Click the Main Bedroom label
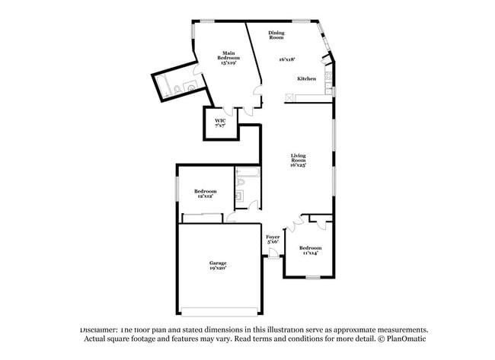tap(228, 56)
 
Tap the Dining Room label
tap(276, 34)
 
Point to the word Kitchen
tap(306, 79)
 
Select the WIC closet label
tap(219, 122)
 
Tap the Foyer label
tap(273, 237)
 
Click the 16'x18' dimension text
tap(286, 59)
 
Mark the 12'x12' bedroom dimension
tap(205, 196)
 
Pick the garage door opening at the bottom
tap(219, 311)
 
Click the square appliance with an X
tap(290, 97)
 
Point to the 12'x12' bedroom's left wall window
tap(177, 188)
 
